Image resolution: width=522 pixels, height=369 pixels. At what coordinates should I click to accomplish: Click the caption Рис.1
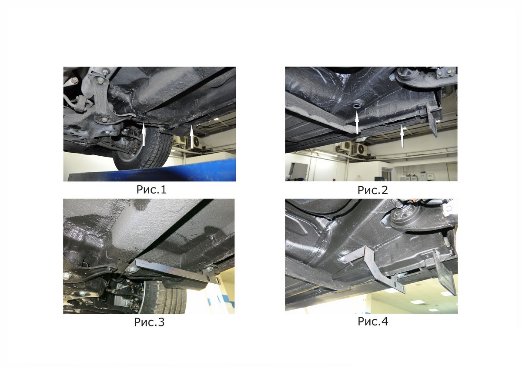[151, 190]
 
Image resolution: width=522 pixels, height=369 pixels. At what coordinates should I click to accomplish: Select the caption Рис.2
[373, 190]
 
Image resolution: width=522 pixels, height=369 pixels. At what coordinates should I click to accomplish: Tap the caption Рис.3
[149, 322]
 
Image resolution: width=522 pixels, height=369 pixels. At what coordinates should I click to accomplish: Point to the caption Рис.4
[373, 321]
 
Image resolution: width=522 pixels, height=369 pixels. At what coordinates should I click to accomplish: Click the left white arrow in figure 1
[144, 134]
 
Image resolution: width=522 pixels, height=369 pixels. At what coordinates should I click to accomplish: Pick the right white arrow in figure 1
[191, 137]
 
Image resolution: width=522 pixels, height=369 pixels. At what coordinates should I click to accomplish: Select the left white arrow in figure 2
[357, 123]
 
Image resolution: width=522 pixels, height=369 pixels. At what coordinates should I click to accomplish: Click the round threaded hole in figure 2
[357, 107]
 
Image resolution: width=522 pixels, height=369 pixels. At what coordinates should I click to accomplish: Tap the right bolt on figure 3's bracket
[209, 269]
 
